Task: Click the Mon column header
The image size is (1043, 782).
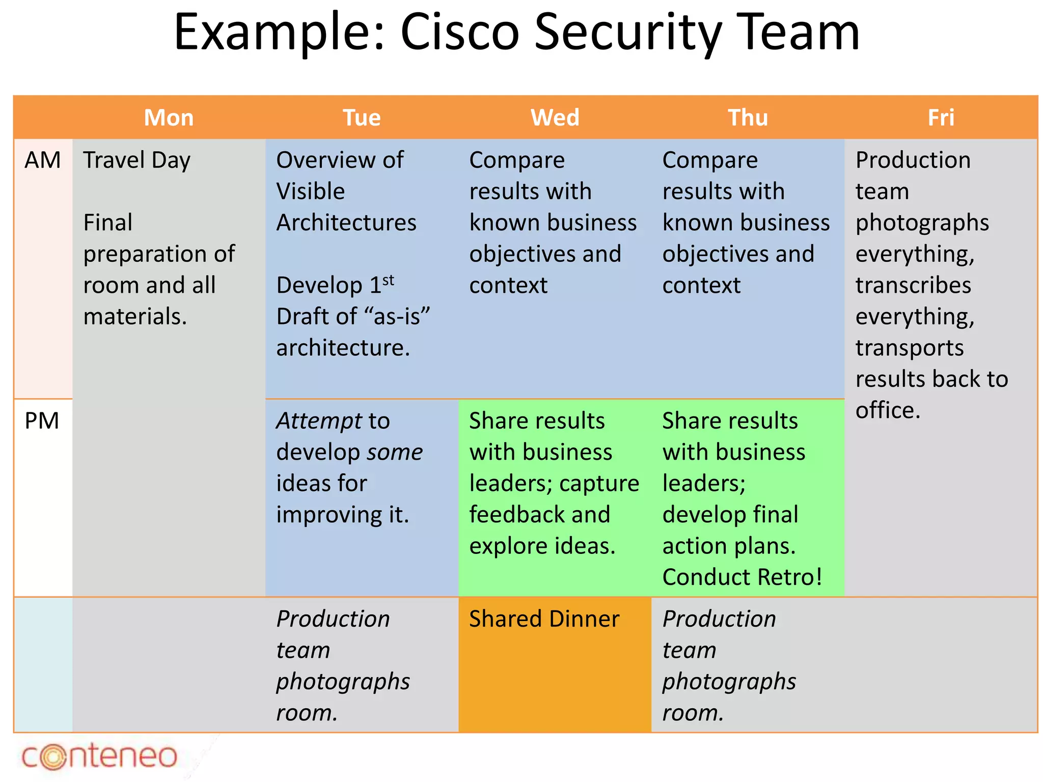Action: click(169, 118)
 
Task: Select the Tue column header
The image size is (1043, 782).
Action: click(362, 118)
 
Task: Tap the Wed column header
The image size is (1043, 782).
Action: click(555, 118)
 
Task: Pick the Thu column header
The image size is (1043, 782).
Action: click(748, 118)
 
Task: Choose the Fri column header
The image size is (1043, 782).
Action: click(941, 118)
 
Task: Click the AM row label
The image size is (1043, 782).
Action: click(42, 160)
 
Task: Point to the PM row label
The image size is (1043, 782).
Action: click(42, 421)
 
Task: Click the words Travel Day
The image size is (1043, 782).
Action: click(136, 160)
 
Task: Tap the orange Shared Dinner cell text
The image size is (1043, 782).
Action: click(544, 619)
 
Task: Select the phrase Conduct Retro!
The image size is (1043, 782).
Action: click(742, 577)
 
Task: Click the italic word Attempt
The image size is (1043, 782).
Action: click(319, 421)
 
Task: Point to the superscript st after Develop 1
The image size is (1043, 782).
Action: click(388, 280)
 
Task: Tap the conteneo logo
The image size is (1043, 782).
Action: click(99, 756)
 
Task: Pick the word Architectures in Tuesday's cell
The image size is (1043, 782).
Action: click(346, 223)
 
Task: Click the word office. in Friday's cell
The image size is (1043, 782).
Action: click(888, 410)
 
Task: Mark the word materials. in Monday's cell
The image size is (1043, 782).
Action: click(135, 317)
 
